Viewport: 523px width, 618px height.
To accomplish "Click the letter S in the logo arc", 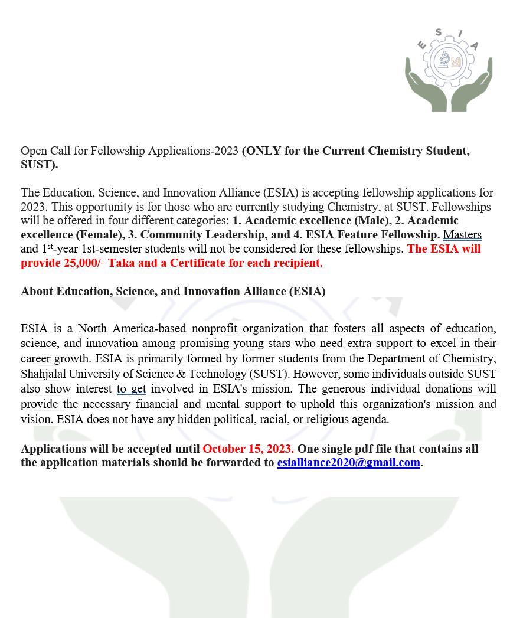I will tap(437, 34).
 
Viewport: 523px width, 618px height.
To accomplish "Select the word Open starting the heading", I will tap(32, 151).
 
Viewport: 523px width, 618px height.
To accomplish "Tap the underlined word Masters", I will tap(462, 234).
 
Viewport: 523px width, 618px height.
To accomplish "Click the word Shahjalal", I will tap(44, 374).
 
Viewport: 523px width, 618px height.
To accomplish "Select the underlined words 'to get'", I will tap(131, 388).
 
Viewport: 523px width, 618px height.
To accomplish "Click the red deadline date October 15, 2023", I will tap(248, 449).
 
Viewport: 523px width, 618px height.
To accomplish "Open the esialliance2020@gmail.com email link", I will tap(349, 463).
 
